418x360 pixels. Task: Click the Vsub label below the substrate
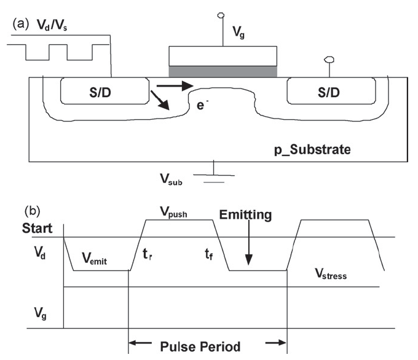pyautogui.click(x=171, y=181)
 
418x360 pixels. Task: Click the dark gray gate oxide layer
pyautogui.click(x=223, y=72)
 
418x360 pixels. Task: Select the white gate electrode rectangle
pyautogui.click(x=223, y=56)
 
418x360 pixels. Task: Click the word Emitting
pyautogui.click(x=246, y=214)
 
